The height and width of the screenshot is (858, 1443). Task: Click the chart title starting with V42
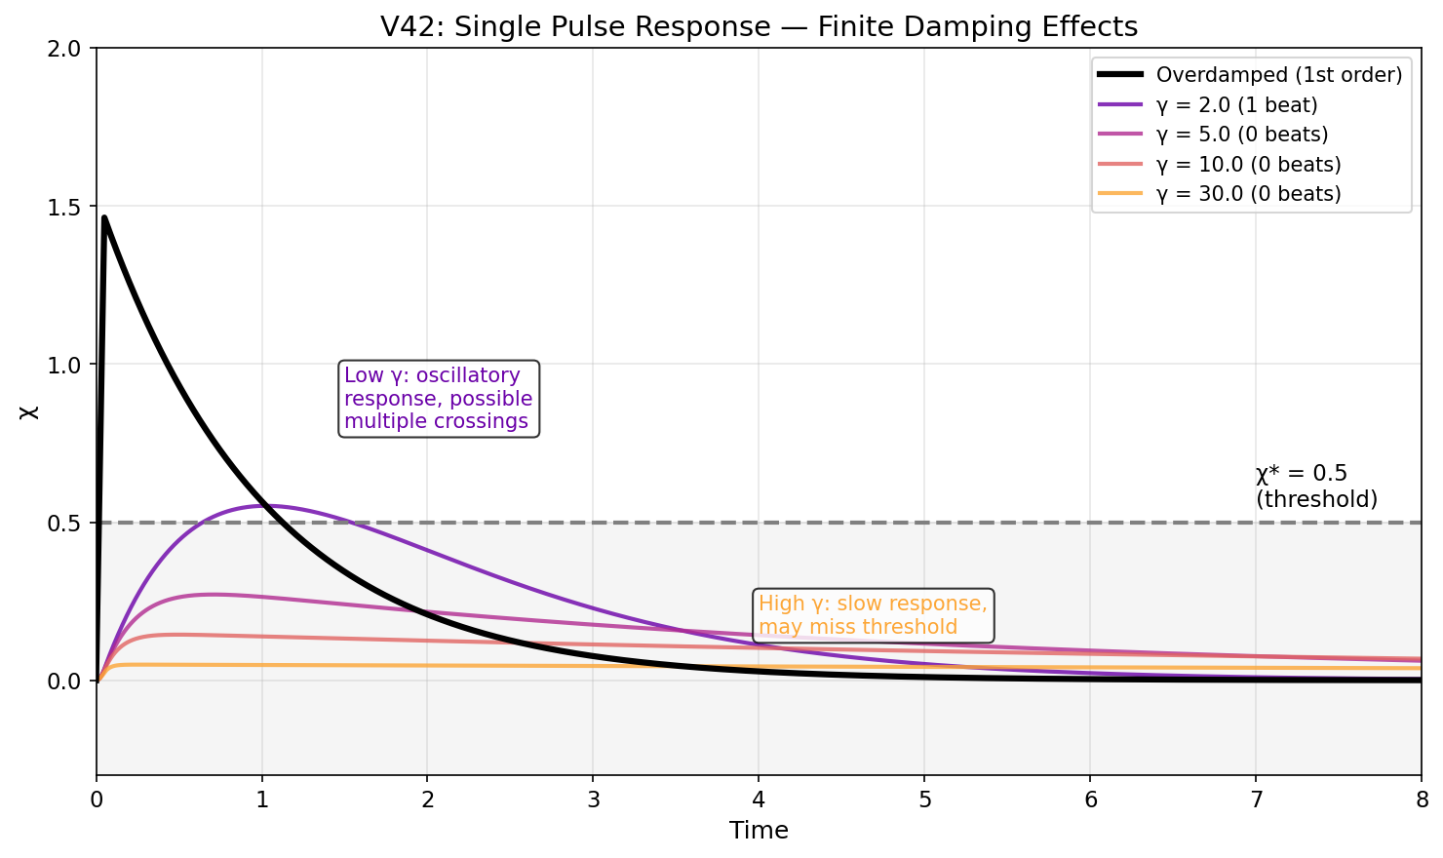759,26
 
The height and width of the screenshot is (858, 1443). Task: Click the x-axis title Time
759,831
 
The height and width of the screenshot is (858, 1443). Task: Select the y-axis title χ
30,411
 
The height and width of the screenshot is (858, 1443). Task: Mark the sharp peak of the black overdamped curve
104,217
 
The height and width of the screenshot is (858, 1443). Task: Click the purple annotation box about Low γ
439,398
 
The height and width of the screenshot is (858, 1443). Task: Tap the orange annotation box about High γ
874,615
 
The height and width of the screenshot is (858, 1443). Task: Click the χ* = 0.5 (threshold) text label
1316,486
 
